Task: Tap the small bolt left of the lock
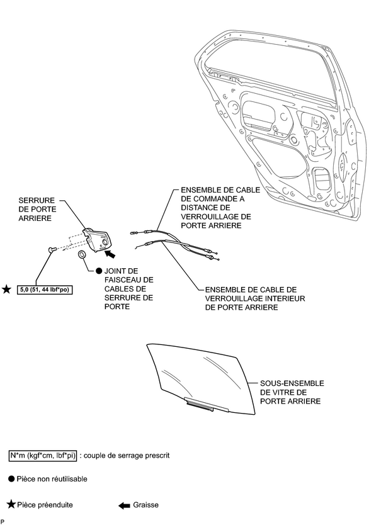pyautogui.click(x=50, y=251)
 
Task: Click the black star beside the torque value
pyautogui.click(x=7, y=289)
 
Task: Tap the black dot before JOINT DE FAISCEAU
pyautogui.click(x=89, y=270)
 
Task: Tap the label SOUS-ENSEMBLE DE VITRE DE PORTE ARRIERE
pyautogui.click(x=292, y=392)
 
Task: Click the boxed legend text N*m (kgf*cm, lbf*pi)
pyautogui.click(x=43, y=454)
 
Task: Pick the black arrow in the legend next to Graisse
pyautogui.click(x=124, y=505)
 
